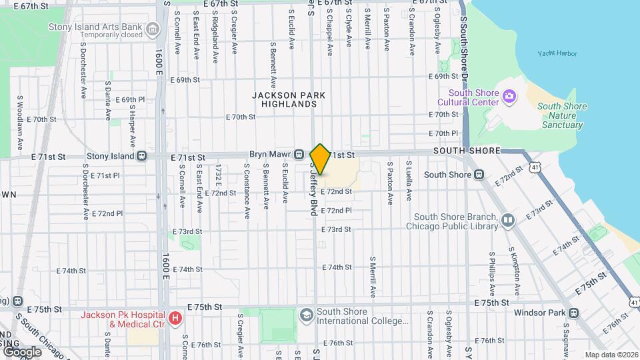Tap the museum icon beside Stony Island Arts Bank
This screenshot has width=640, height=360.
[x=153, y=30]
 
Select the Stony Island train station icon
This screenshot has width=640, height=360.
[x=142, y=156]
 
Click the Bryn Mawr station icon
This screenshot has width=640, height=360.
[x=300, y=155]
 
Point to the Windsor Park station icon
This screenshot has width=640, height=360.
[x=573, y=313]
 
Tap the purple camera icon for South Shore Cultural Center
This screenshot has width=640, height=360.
[x=509, y=97]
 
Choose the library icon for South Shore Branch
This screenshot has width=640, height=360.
[x=508, y=221]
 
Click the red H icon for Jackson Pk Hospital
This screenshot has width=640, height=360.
[x=175, y=319]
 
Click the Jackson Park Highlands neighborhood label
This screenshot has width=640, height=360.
[x=289, y=100]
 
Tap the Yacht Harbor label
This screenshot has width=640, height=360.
[x=558, y=53]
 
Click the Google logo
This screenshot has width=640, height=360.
[x=21, y=351]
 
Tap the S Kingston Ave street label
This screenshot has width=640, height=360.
[x=515, y=273]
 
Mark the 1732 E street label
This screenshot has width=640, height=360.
[x=217, y=179]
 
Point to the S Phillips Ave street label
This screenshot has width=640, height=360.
[x=492, y=273]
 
